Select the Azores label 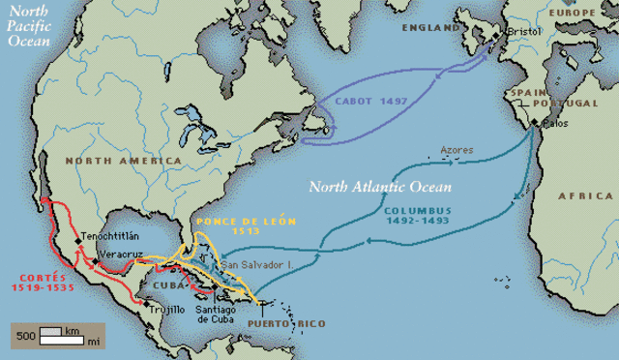[x=457, y=150]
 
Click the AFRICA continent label [x=586, y=195]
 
